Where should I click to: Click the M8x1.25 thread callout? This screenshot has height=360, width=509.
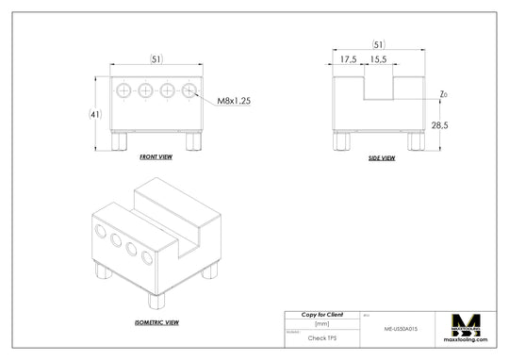[x=234, y=101]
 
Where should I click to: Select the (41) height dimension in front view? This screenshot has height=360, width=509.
[x=95, y=114]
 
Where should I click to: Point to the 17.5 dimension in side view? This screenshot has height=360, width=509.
[x=349, y=59]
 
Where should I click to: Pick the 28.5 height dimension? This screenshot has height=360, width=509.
[x=439, y=124]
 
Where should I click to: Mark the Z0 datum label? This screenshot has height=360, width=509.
[x=443, y=94]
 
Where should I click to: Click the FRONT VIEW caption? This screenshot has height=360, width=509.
[x=156, y=156]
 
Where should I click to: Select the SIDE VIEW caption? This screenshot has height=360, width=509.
[x=381, y=157]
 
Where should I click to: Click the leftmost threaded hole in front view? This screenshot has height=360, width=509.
[x=123, y=90]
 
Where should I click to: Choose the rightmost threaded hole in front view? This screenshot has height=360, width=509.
[x=189, y=90]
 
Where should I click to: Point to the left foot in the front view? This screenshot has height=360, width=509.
[x=120, y=140]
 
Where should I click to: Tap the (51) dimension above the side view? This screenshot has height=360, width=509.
[x=378, y=44]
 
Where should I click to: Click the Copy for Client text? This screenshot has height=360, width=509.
[x=321, y=314]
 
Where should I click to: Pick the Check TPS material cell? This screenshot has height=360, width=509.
[x=321, y=336]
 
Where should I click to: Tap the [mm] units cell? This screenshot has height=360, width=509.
[x=321, y=323]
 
